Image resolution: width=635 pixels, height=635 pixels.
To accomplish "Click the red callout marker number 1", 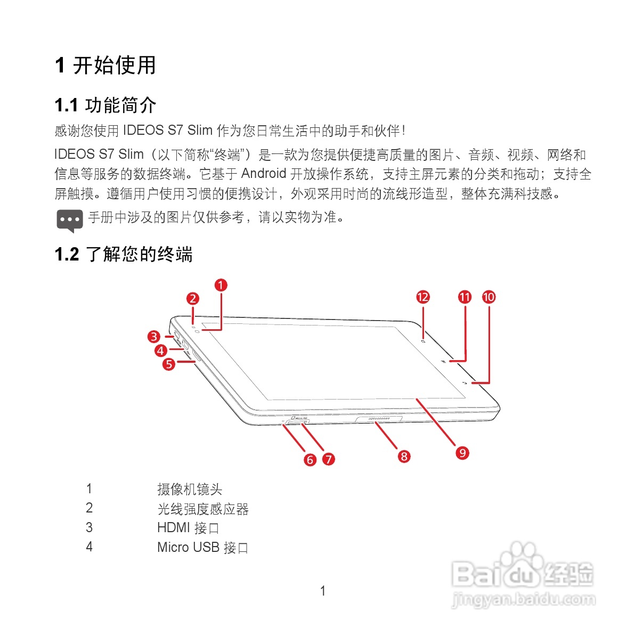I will tap(221, 285).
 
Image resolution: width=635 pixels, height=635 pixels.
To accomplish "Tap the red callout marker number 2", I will tap(193, 299).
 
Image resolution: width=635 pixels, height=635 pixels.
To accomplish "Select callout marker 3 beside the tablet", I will tap(154, 336).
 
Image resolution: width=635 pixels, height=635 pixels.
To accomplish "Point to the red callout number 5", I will tap(169, 364).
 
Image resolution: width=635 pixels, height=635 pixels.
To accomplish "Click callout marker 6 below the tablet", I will tap(310, 459).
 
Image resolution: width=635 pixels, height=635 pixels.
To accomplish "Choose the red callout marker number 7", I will tap(329, 459).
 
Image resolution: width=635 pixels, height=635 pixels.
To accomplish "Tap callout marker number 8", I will tap(404, 456).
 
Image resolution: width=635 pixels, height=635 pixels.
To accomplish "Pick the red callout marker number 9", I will tap(462, 453).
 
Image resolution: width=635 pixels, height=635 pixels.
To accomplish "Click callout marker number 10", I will tap(489, 297).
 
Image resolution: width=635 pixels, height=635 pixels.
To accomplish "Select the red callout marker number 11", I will tap(465, 297).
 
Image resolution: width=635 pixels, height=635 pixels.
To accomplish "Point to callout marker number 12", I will tap(423, 297).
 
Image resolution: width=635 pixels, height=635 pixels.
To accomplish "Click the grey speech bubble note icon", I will tap(70, 220).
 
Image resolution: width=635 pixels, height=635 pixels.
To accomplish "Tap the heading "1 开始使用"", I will tap(105, 65).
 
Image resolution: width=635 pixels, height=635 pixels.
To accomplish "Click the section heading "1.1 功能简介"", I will tap(105, 105).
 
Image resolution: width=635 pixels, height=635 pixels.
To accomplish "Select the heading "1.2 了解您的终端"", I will tap(124, 254).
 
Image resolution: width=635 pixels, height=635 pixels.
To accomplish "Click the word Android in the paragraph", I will tap(264, 174).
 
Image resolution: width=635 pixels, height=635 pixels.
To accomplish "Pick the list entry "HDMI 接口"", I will tap(188, 528).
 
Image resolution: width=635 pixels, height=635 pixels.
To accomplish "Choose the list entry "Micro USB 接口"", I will tap(202, 547).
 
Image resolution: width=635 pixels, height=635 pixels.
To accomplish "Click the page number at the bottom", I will tap(322, 590).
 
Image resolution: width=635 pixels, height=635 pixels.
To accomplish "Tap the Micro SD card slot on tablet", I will tap(297, 421).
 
